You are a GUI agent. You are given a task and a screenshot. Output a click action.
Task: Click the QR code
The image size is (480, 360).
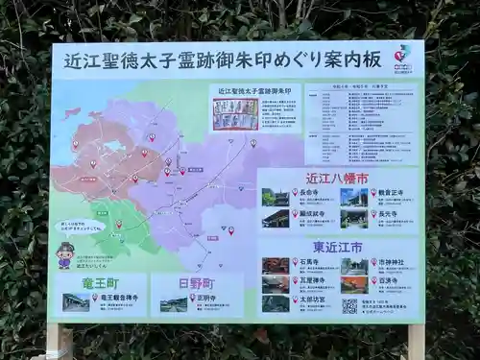(349, 306)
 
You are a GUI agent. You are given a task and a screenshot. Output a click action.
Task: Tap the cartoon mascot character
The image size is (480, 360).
(64, 256)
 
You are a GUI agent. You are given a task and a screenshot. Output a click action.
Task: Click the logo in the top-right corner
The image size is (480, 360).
(402, 54)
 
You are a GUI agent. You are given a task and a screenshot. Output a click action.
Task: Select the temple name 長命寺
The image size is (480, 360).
(309, 193)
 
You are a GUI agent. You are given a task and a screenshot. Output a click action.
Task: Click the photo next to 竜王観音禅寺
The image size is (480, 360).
(76, 303)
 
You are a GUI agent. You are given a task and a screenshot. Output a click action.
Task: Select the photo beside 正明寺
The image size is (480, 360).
(174, 304)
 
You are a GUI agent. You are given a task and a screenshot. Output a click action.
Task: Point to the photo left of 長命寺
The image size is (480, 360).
(276, 197)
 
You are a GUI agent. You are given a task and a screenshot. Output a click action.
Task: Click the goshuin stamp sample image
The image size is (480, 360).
(235, 114)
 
